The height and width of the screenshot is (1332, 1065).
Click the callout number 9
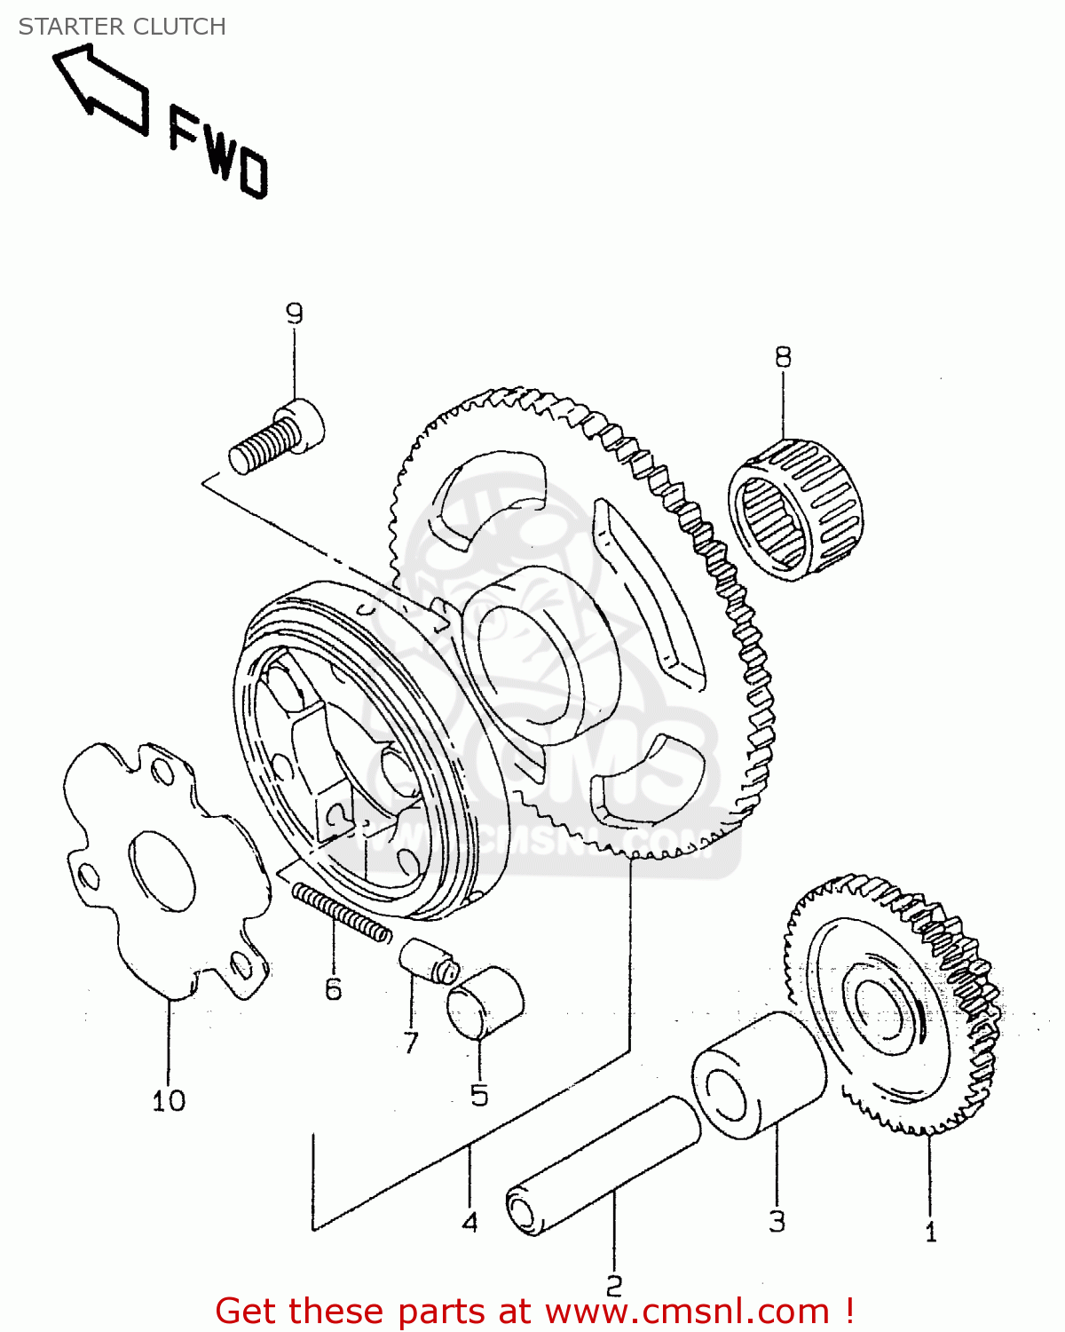(x=294, y=313)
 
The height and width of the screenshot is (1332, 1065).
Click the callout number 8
(x=782, y=357)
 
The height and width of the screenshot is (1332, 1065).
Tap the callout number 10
(x=169, y=1101)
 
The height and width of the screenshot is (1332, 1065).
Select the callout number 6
(x=333, y=988)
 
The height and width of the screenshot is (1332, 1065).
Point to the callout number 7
(x=410, y=1042)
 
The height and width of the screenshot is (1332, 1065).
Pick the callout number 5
(x=479, y=1095)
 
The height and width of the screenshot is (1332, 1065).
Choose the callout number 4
(x=469, y=1222)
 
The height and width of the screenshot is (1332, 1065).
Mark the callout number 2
(x=614, y=1285)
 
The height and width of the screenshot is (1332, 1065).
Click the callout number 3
(x=777, y=1221)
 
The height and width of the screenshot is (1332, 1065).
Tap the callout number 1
(x=930, y=1232)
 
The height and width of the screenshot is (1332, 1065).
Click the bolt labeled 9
(x=276, y=439)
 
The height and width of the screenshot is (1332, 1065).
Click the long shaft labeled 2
(x=603, y=1166)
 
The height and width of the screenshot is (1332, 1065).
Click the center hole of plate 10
(x=162, y=871)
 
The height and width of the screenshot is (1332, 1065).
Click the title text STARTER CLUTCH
(x=122, y=27)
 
